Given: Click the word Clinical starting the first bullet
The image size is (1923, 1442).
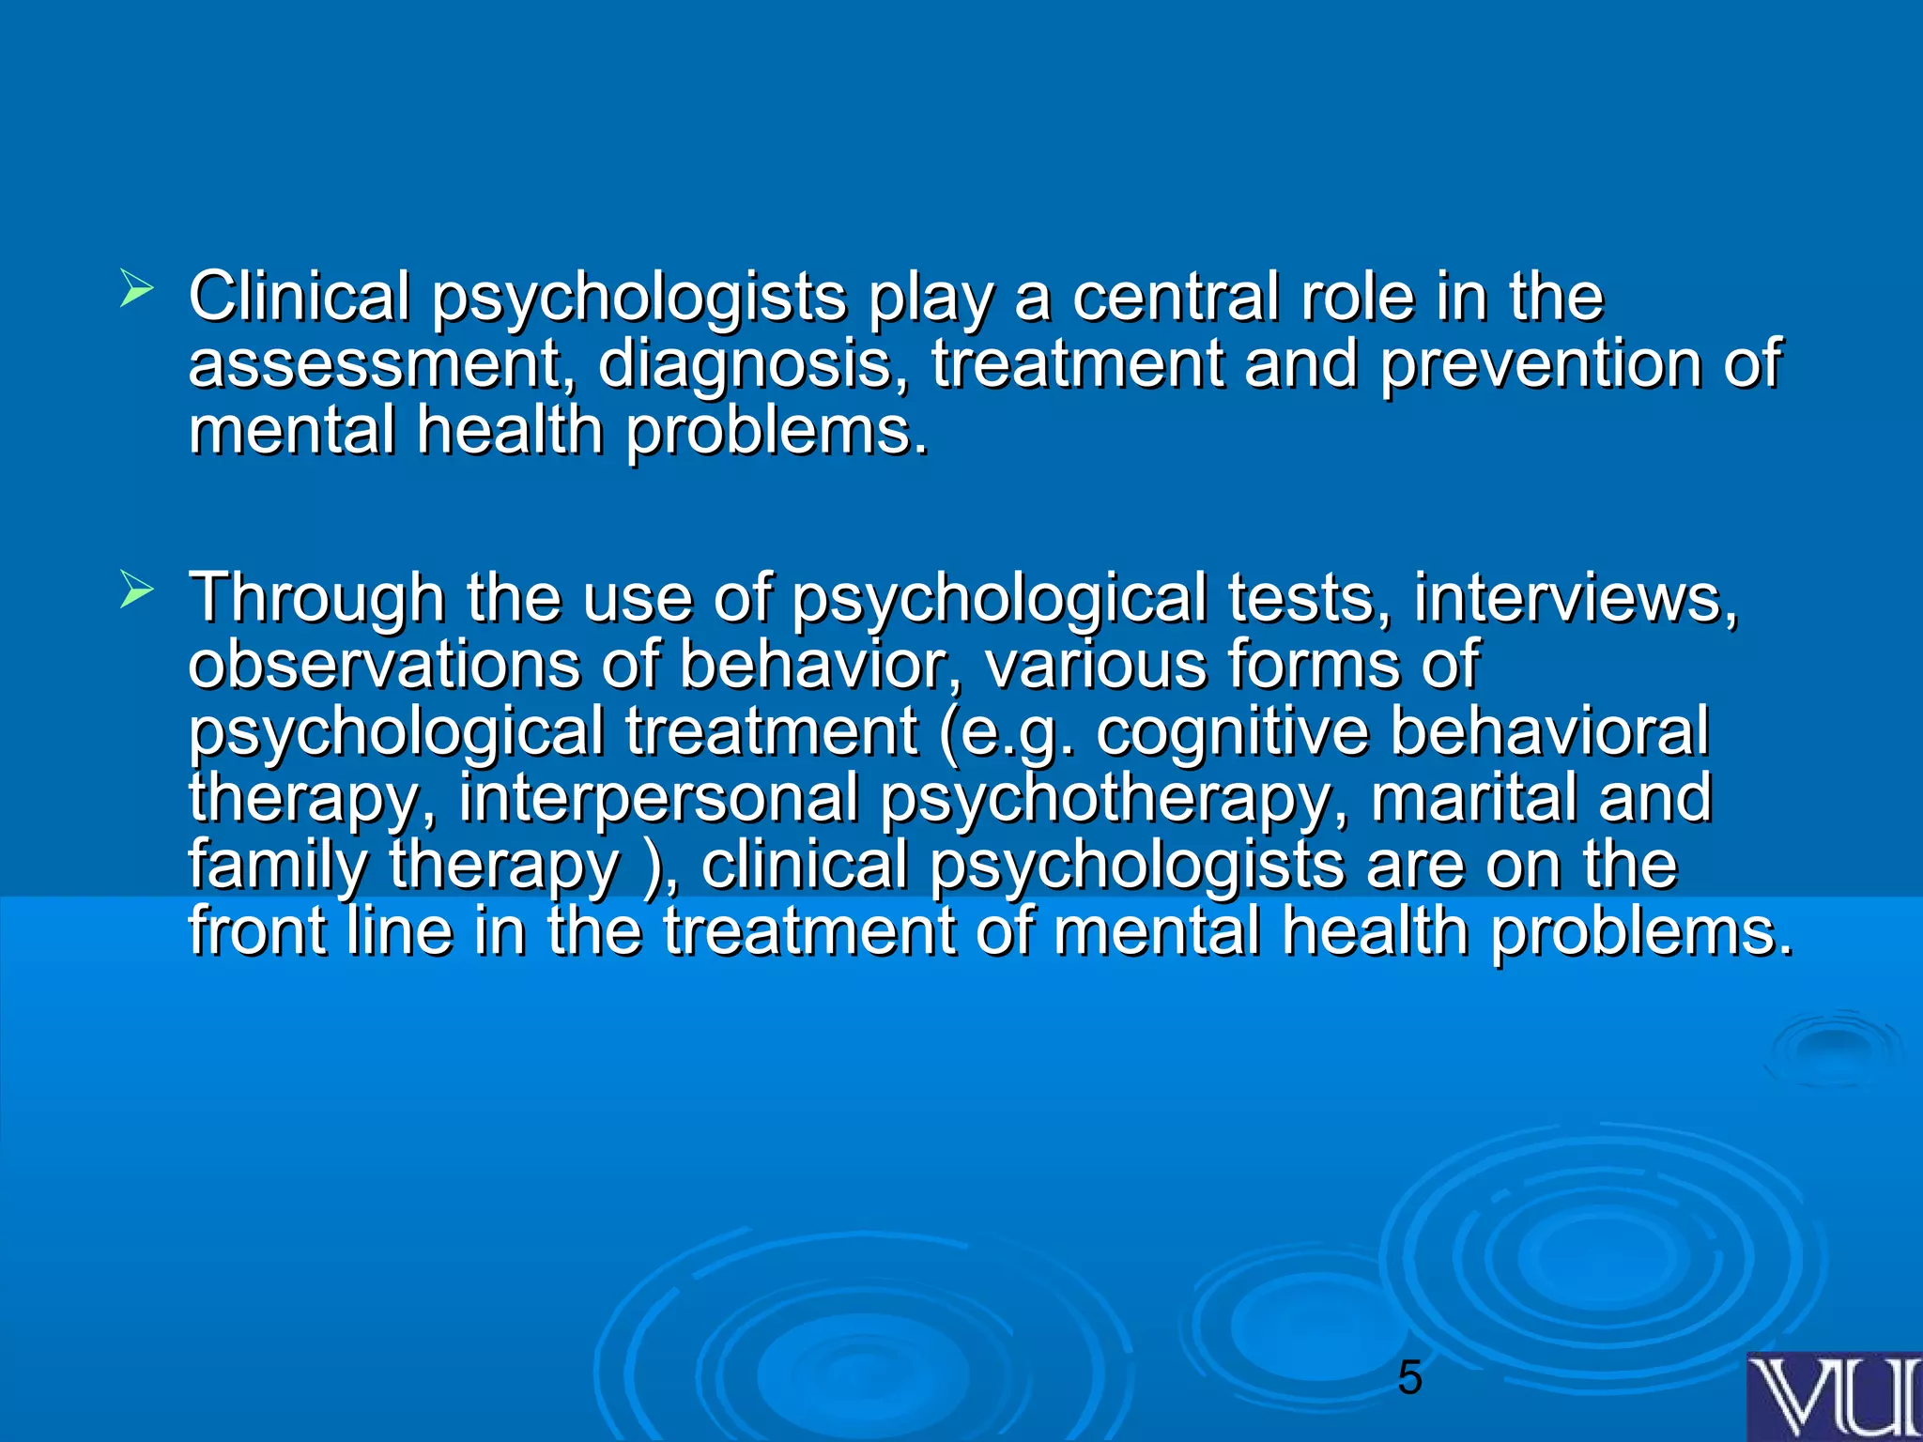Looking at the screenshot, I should [x=300, y=297].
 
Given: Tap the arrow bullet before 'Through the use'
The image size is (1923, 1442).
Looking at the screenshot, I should [x=136, y=591].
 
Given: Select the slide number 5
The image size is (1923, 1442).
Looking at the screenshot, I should [x=1409, y=1379].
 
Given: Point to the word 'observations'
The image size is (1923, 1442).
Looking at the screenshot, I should [x=384, y=665].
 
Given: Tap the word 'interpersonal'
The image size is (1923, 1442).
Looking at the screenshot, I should [x=658, y=799].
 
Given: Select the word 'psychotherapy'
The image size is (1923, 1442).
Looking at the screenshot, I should [x=1118, y=799].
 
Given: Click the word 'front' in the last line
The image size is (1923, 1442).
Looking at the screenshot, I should [x=257, y=931].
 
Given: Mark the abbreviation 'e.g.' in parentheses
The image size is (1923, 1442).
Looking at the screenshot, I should [x=1018, y=732].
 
